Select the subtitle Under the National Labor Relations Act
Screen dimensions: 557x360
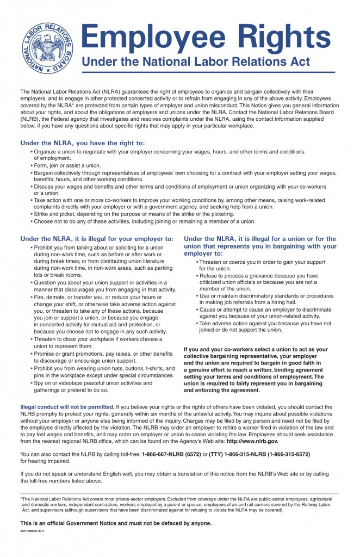[196, 62]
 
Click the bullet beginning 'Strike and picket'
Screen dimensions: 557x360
[134, 214]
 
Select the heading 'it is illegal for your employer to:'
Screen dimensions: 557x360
[97, 238]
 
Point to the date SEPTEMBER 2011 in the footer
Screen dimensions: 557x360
[32, 530]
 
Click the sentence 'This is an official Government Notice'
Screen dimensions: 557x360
[116, 523]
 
